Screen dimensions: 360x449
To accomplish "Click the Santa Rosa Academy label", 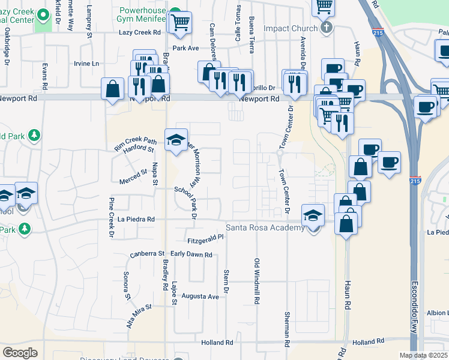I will (265, 227).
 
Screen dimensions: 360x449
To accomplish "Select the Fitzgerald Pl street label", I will (205, 238).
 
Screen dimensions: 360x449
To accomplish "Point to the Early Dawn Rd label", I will (191, 254).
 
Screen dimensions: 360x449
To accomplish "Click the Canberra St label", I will (147, 254).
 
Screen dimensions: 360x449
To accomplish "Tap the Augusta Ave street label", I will (200, 296).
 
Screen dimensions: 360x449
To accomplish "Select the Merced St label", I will (133, 173).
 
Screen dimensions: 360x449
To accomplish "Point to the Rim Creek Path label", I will (136, 143).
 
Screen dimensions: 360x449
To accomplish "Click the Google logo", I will (20, 353).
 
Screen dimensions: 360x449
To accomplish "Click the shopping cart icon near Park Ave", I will (180, 23).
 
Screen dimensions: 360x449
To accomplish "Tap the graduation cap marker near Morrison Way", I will (175, 140).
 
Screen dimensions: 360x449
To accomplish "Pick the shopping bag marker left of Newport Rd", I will (112, 90).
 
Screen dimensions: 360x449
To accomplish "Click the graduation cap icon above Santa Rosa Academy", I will (313, 215).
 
